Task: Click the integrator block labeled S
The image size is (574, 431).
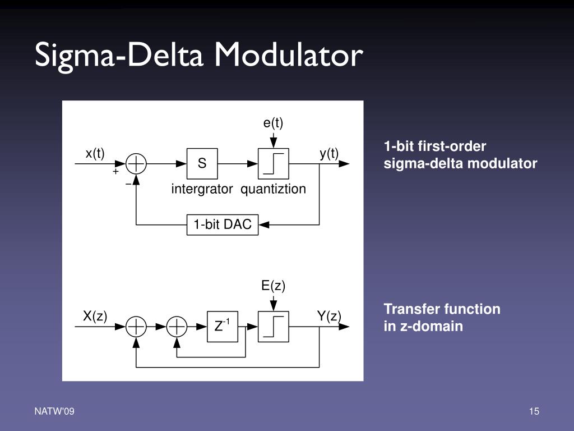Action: pyautogui.click(x=202, y=164)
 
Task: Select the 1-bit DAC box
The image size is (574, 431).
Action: pyautogui.click(x=223, y=225)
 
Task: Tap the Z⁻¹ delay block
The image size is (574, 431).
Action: pyautogui.click(x=223, y=326)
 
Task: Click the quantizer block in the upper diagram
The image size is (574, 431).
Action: pyautogui.click(x=273, y=164)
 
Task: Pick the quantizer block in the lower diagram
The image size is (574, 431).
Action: pyautogui.click(x=273, y=326)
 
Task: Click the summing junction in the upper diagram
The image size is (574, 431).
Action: pyautogui.click(x=136, y=164)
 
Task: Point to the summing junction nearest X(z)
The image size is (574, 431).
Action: pyautogui.click(x=136, y=326)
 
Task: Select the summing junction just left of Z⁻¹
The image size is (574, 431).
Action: pyautogui.click(x=177, y=326)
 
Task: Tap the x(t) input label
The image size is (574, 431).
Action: pyautogui.click(x=95, y=153)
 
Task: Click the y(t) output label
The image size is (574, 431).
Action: pyautogui.click(x=329, y=153)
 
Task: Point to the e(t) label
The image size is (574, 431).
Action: pyautogui.click(x=273, y=123)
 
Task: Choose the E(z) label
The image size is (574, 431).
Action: pyautogui.click(x=273, y=286)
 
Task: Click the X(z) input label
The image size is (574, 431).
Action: pyautogui.click(x=95, y=316)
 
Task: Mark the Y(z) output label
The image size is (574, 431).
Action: pyautogui.click(x=329, y=316)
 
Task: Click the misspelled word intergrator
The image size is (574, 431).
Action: pyautogui.click(x=202, y=189)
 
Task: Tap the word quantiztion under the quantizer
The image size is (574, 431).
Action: pyautogui.click(x=274, y=189)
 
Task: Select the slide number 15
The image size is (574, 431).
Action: pyautogui.click(x=534, y=412)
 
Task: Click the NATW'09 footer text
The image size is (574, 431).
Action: pyautogui.click(x=54, y=412)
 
